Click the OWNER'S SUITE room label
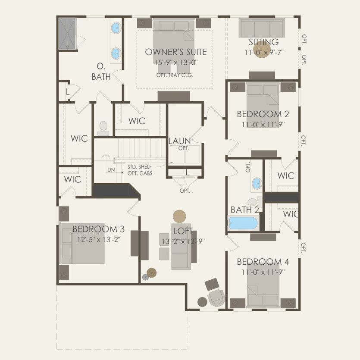pyautogui.click(x=175, y=52)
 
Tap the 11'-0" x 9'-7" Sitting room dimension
pyautogui.click(x=263, y=52)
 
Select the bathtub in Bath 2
pyautogui.click(x=243, y=223)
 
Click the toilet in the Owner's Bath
pyautogui.click(x=103, y=126)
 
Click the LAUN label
pyautogui.click(x=180, y=141)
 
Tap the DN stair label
pyautogui.click(x=111, y=170)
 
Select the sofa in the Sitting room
pyautogui.click(x=262, y=28)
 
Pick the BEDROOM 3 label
pyautogui.click(x=95, y=229)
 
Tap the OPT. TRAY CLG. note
pyautogui.click(x=175, y=74)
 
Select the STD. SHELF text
pyautogui.click(x=140, y=166)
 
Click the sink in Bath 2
pyautogui.click(x=256, y=183)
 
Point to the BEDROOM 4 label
pyautogui.click(x=263, y=262)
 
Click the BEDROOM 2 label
pyautogui.click(x=263, y=114)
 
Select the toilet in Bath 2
pyautogui.click(x=253, y=202)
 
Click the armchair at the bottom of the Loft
pyautogui.click(x=215, y=297)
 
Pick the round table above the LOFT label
pyautogui.click(x=179, y=216)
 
